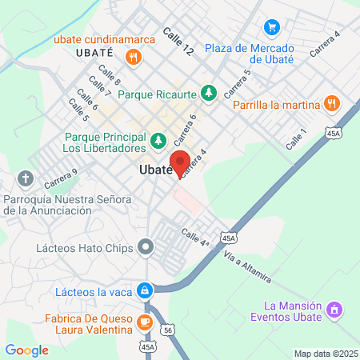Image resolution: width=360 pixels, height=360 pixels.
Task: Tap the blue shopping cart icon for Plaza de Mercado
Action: pos(272,26)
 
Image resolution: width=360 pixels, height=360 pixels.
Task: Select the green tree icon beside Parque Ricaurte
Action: pos(209,94)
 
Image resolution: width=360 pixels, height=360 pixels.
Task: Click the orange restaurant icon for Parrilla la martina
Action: pos(331,104)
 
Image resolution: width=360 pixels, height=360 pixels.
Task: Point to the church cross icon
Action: pos(26,177)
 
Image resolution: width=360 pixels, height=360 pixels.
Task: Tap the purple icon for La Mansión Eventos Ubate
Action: pos(334,308)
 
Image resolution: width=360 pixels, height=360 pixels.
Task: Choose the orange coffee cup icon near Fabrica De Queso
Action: pos(144,322)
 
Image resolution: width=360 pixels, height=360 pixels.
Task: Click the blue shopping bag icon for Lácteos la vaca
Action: pos(145,290)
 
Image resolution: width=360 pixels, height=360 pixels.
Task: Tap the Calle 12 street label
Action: pos(178,41)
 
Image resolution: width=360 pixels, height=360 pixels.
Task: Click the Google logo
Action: pos(27,350)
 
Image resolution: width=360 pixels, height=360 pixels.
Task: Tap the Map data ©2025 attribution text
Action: pos(325,354)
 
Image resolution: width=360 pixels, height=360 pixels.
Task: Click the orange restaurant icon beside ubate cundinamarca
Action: pos(133,57)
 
